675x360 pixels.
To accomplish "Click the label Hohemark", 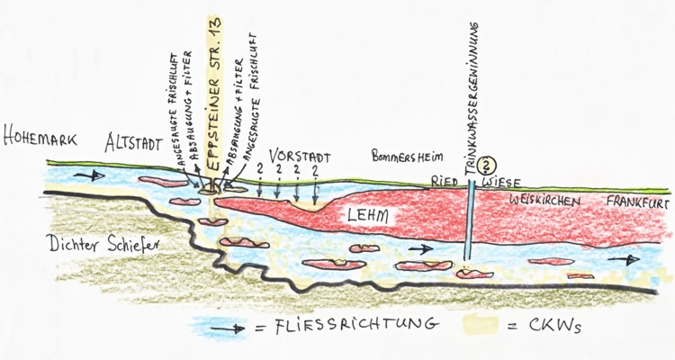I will pos(45,141).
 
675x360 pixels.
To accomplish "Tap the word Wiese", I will pos(504,180).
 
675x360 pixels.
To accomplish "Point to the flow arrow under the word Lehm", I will pos(418,247).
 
